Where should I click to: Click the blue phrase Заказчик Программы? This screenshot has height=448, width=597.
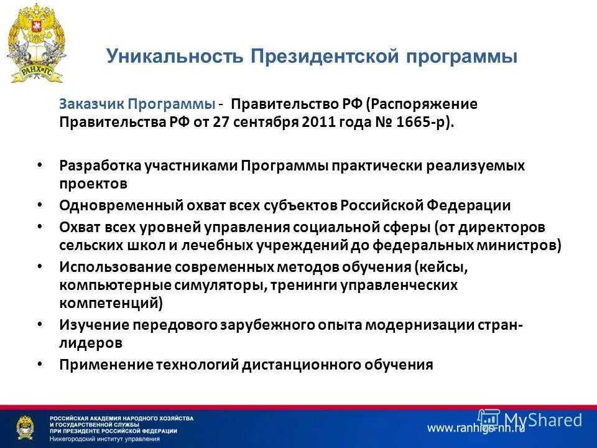(137, 103)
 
